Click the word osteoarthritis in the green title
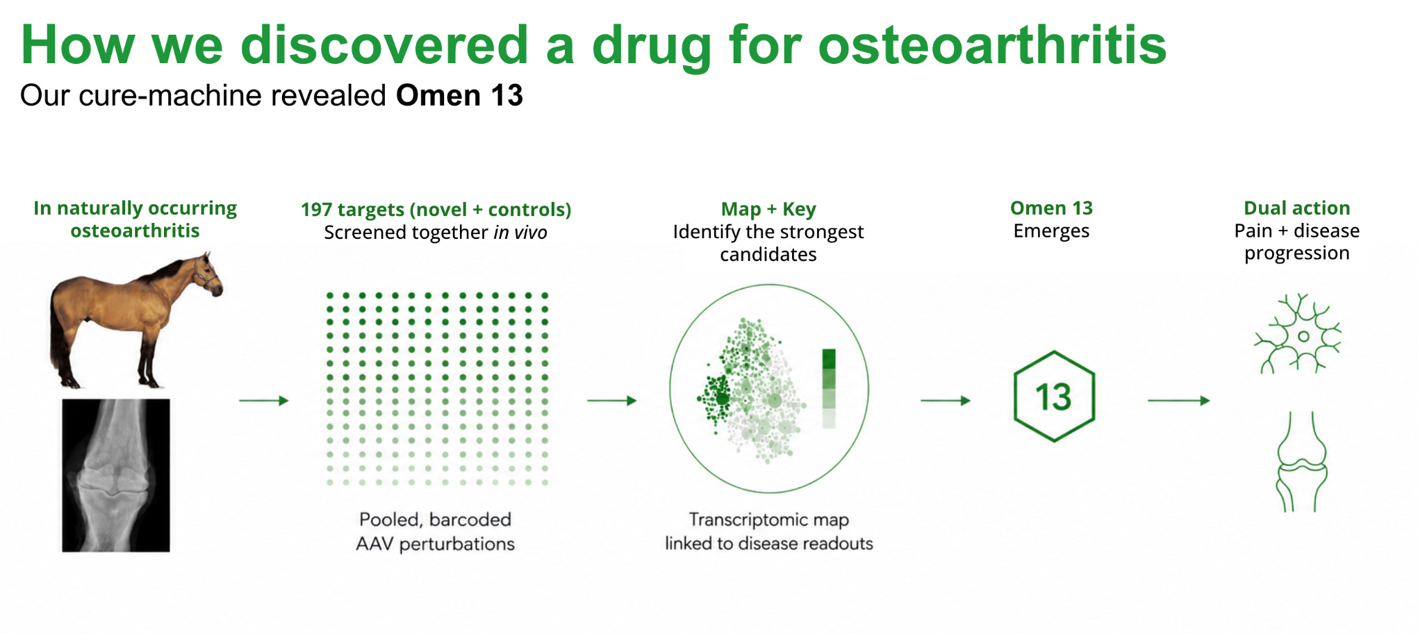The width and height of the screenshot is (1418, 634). [992, 45]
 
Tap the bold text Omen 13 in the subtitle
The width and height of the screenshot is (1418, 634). [459, 95]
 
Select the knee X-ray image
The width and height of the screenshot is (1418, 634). [116, 476]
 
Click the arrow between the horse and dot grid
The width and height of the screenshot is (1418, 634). [264, 401]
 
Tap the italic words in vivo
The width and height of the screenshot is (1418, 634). [520, 233]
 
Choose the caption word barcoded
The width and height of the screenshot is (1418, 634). [470, 519]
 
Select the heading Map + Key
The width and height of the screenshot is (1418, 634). [768, 209]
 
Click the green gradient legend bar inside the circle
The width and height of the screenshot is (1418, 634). [829, 389]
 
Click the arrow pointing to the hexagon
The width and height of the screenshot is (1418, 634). [946, 401]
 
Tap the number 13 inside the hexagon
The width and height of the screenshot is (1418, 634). [1054, 397]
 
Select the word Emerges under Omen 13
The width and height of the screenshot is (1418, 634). [1051, 232]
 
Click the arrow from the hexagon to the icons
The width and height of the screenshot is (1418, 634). [1179, 401]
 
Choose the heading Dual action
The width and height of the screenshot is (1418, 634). [1297, 208]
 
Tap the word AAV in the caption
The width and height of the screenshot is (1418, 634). [375, 544]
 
